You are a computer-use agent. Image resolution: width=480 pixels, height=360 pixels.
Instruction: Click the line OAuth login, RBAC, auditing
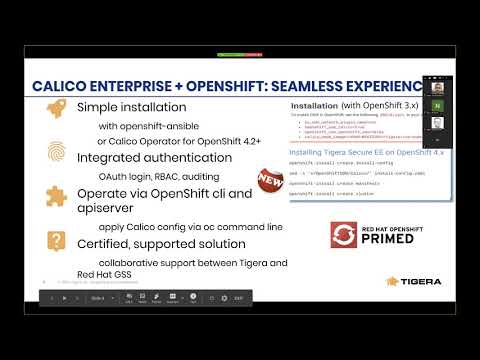(152, 175)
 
